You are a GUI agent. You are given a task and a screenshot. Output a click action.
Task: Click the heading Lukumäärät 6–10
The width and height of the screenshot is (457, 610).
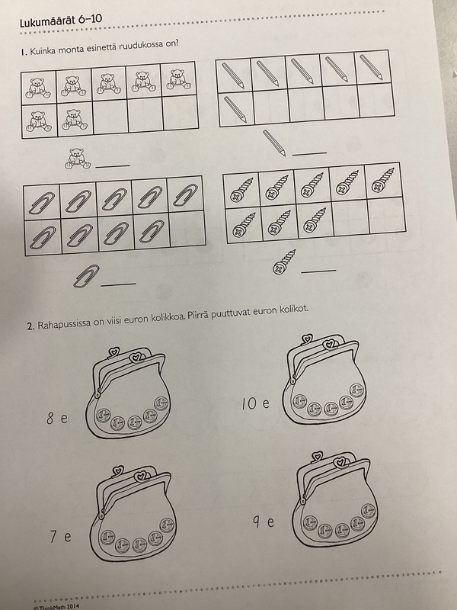pyautogui.click(x=61, y=21)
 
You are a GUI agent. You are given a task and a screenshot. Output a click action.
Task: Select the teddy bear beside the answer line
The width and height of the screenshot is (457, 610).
pyautogui.click(x=78, y=159)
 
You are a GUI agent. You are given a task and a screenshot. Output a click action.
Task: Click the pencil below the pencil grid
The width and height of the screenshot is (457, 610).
pyautogui.click(x=274, y=143)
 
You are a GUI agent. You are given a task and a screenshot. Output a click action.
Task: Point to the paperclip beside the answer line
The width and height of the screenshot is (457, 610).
pyautogui.click(x=86, y=276)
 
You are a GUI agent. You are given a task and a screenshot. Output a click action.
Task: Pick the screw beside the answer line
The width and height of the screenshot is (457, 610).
pyautogui.click(x=284, y=262)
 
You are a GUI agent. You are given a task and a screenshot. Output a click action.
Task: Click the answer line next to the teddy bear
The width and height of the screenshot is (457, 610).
pyautogui.click(x=113, y=166)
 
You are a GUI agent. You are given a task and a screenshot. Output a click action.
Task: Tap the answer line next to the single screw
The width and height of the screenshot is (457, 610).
pyautogui.click(x=318, y=271)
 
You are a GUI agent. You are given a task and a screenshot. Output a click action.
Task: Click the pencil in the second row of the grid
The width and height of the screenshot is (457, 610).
pyautogui.click(x=235, y=109)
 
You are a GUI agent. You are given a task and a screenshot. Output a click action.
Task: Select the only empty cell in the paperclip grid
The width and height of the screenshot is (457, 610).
pyautogui.click(x=187, y=229)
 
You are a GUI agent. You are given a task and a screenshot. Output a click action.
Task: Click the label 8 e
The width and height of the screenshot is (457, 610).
pyautogui.click(x=56, y=418)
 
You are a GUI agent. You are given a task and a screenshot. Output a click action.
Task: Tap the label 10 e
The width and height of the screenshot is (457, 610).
pyautogui.click(x=255, y=403)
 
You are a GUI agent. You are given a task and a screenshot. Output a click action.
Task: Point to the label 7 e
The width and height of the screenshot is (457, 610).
pyautogui.click(x=60, y=537)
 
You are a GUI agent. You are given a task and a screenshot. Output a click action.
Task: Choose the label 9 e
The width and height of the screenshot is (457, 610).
pyautogui.click(x=264, y=522)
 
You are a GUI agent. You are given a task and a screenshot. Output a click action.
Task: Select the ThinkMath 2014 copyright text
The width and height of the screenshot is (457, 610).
pyautogui.click(x=56, y=606)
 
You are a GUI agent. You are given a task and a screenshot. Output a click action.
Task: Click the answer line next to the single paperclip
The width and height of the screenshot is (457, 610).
pyautogui.click(x=118, y=284)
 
